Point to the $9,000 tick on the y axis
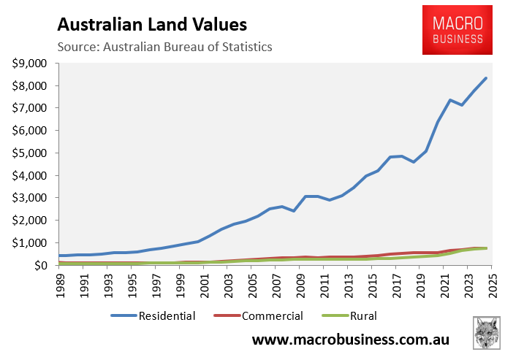(x=30, y=64)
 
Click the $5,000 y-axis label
(x=30, y=153)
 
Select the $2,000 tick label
(x=30, y=221)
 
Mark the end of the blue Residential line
(x=486, y=78)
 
